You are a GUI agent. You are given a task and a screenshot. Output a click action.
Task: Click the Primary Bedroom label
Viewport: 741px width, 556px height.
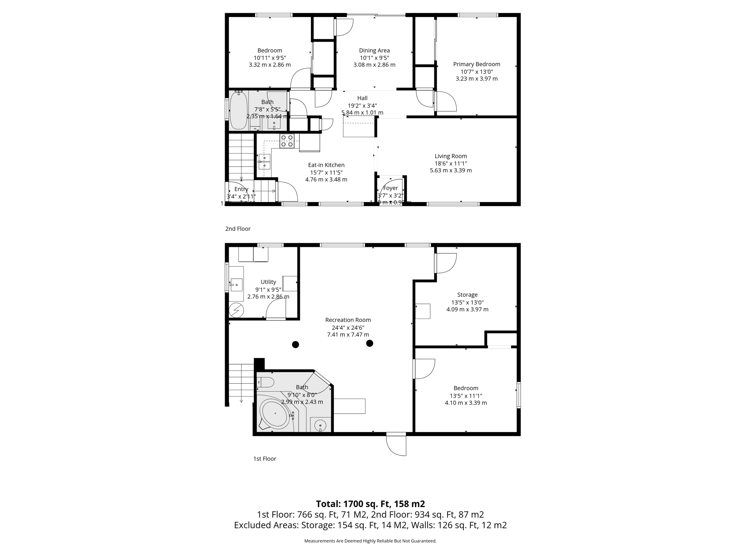point(477,64)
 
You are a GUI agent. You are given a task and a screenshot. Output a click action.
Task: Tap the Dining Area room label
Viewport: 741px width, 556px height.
point(374,51)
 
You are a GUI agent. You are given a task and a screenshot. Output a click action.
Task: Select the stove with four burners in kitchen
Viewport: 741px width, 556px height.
point(287,141)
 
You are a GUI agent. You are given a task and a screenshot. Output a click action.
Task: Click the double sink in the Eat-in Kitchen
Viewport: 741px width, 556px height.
point(264,162)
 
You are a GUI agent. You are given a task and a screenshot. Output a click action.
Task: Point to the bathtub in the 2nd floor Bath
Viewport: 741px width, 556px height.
point(238,110)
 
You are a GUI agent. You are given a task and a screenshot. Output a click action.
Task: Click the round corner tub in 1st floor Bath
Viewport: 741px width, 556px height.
point(275,414)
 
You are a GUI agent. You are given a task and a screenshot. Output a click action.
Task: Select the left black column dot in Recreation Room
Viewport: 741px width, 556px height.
point(296,344)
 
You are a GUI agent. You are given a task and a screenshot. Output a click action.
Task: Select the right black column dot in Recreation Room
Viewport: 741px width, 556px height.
point(369,343)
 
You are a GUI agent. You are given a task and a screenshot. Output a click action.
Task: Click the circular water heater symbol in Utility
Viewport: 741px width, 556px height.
point(236,310)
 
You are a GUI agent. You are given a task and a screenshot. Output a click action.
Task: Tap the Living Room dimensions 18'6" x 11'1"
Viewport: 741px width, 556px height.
point(450,163)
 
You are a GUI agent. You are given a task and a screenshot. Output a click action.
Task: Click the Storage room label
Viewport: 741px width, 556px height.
point(467,295)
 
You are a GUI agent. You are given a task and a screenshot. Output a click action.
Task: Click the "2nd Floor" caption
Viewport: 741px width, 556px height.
point(238,229)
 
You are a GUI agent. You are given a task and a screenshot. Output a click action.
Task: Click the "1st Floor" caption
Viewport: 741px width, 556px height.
point(264,459)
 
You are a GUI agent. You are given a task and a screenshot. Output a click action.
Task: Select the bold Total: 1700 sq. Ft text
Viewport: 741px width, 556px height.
point(370,504)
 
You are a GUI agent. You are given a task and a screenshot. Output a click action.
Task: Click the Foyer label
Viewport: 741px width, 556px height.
point(390,188)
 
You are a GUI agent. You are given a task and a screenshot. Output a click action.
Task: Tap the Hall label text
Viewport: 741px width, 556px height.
point(362,98)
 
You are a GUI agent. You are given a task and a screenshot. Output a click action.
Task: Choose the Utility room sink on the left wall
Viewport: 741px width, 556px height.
point(236,285)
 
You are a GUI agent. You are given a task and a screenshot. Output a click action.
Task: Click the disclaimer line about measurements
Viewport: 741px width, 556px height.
point(370,541)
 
